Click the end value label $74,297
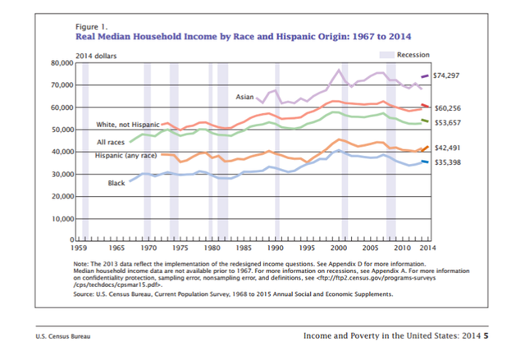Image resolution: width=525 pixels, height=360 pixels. (446, 75)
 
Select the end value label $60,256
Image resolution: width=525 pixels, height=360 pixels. (446, 108)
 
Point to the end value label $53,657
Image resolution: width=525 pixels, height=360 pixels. (446, 123)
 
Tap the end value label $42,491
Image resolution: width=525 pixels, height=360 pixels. (446, 148)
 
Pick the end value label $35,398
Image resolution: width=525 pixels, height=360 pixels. (446, 162)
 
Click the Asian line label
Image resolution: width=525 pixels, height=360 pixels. (244, 97)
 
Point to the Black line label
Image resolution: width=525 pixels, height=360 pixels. (116, 183)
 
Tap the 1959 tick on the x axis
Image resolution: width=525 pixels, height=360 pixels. (79, 246)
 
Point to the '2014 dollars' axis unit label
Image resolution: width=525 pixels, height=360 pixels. (94, 54)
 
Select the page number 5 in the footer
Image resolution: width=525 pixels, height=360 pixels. (486, 335)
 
